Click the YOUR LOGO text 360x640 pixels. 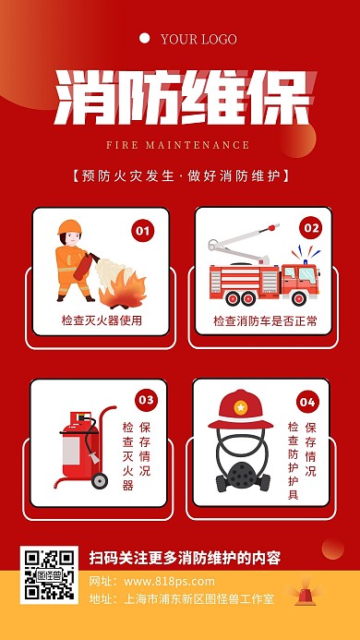coord(198,39)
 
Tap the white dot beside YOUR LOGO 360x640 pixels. coord(145,39)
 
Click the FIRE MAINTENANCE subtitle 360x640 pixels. coord(177,145)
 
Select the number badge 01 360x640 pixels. coord(142,231)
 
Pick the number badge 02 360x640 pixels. coord(310,228)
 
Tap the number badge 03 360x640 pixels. coord(146,400)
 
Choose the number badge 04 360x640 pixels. coord(307,402)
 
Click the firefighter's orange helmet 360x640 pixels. coord(69,227)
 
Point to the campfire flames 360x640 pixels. coord(123,290)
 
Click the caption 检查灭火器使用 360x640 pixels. coord(102,320)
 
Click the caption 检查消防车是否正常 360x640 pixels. coord(265,320)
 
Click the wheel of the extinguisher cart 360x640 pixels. coord(99,480)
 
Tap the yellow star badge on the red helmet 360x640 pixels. coord(240,407)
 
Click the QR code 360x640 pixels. coord(49,574)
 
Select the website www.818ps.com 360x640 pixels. coord(169,581)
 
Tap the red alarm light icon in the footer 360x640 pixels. coord(304,596)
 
